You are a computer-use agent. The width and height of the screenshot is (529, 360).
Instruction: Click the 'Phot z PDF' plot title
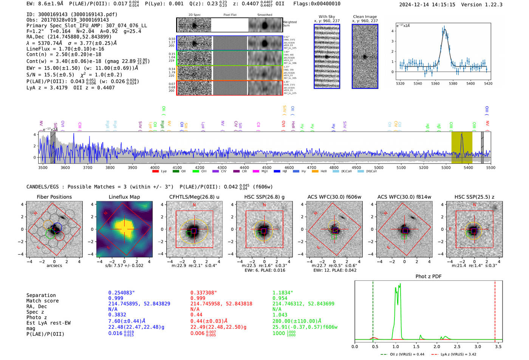(428, 277)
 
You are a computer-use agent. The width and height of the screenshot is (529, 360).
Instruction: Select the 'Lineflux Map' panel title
(124, 197)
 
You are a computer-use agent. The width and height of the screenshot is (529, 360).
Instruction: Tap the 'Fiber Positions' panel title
(54, 197)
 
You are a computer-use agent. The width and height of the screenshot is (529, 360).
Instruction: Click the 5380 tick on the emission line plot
(453, 83)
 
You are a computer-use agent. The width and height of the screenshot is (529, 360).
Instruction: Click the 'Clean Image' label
(365, 17)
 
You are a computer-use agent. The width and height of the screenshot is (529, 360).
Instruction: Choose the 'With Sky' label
(327, 17)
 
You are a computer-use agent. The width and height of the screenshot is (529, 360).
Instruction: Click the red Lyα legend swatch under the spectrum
(155, 172)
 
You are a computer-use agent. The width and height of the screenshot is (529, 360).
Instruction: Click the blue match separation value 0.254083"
(122, 293)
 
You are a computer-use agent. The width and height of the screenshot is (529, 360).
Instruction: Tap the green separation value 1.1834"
(283, 293)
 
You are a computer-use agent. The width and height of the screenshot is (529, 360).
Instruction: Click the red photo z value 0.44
(196, 315)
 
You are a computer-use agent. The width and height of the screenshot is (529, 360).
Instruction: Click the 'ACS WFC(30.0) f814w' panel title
(404, 197)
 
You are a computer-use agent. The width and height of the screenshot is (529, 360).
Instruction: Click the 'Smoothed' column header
(264, 15)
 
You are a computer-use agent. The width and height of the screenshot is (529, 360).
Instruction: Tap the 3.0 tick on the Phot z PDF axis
(478, 346)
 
